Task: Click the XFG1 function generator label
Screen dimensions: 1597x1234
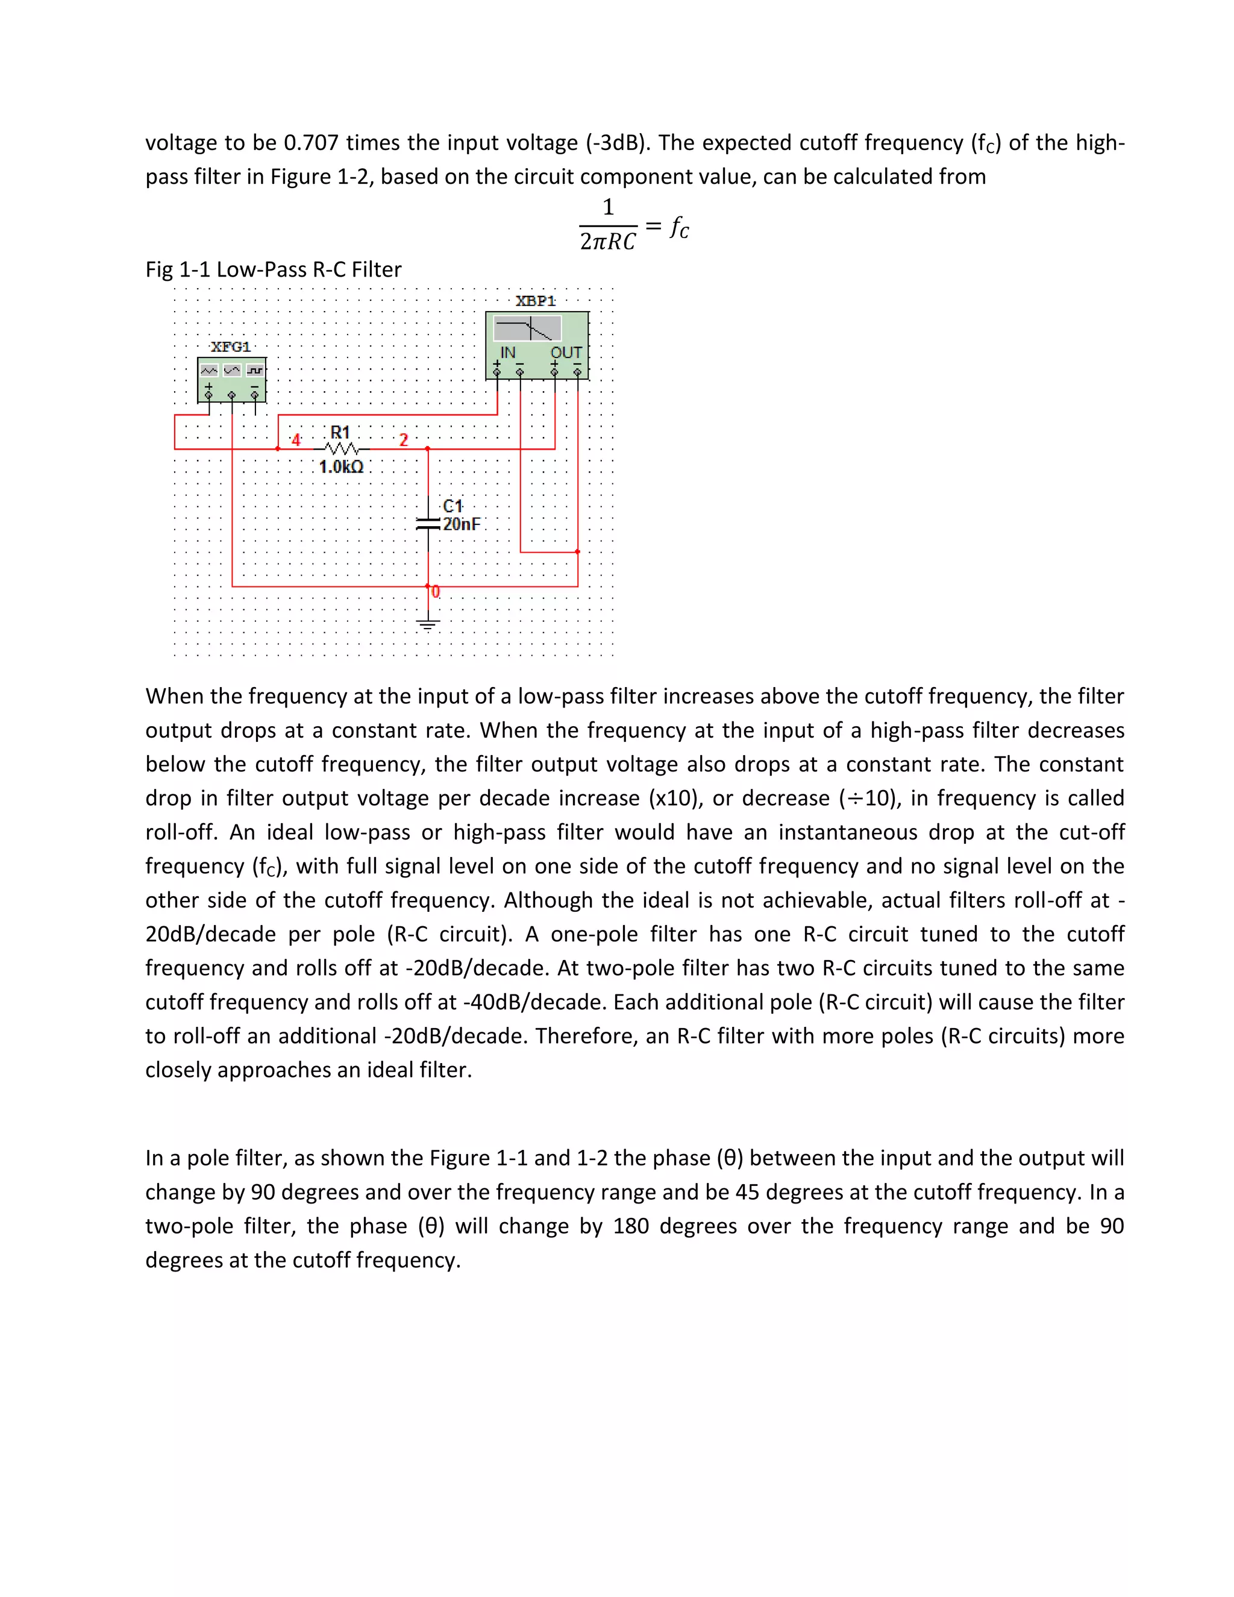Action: click(231, 347)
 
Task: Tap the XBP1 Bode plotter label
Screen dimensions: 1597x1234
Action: click(536, 301)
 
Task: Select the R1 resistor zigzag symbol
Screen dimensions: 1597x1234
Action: click(340, 448)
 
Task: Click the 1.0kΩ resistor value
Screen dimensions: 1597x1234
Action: click(342, 467)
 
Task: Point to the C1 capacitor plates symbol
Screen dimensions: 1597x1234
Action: click(428, 524)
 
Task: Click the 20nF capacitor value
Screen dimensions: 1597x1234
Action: click(462, 524)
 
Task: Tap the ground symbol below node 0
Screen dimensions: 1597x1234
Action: click(428, 624)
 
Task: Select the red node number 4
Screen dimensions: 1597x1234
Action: click(296, 440)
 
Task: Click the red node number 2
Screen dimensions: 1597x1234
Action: click(404, 440)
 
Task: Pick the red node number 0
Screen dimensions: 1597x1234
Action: click(436, 592)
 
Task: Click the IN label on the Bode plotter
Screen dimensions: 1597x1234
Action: click(507, 353)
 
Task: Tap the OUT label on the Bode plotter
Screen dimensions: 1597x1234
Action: click(566, 353)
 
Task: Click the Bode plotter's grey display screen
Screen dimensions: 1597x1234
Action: click(527, 328)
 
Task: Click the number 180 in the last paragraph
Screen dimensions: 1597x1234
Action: click(631, 1226)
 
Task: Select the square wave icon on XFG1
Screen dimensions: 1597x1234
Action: click(254, 370)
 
